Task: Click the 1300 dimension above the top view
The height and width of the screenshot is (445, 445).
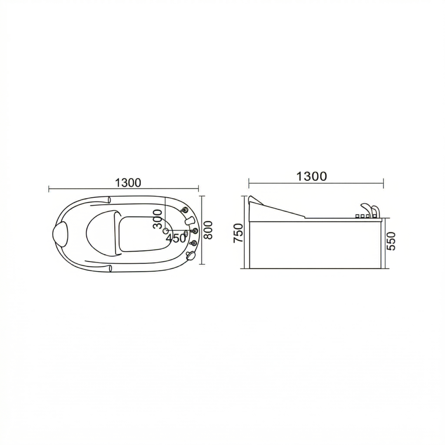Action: coord(128,183)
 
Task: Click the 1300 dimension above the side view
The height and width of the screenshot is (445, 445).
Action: coord(312,176)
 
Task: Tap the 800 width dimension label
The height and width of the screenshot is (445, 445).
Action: coord(208,230)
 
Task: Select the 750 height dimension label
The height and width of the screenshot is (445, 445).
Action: coord(239,233)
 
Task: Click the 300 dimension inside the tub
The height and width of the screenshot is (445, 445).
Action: coord(157,219)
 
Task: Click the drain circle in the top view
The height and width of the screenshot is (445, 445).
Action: coord(166,231)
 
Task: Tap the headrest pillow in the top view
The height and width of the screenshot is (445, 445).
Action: coord(60,233)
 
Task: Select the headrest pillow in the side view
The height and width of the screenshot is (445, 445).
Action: coord(256,200)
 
